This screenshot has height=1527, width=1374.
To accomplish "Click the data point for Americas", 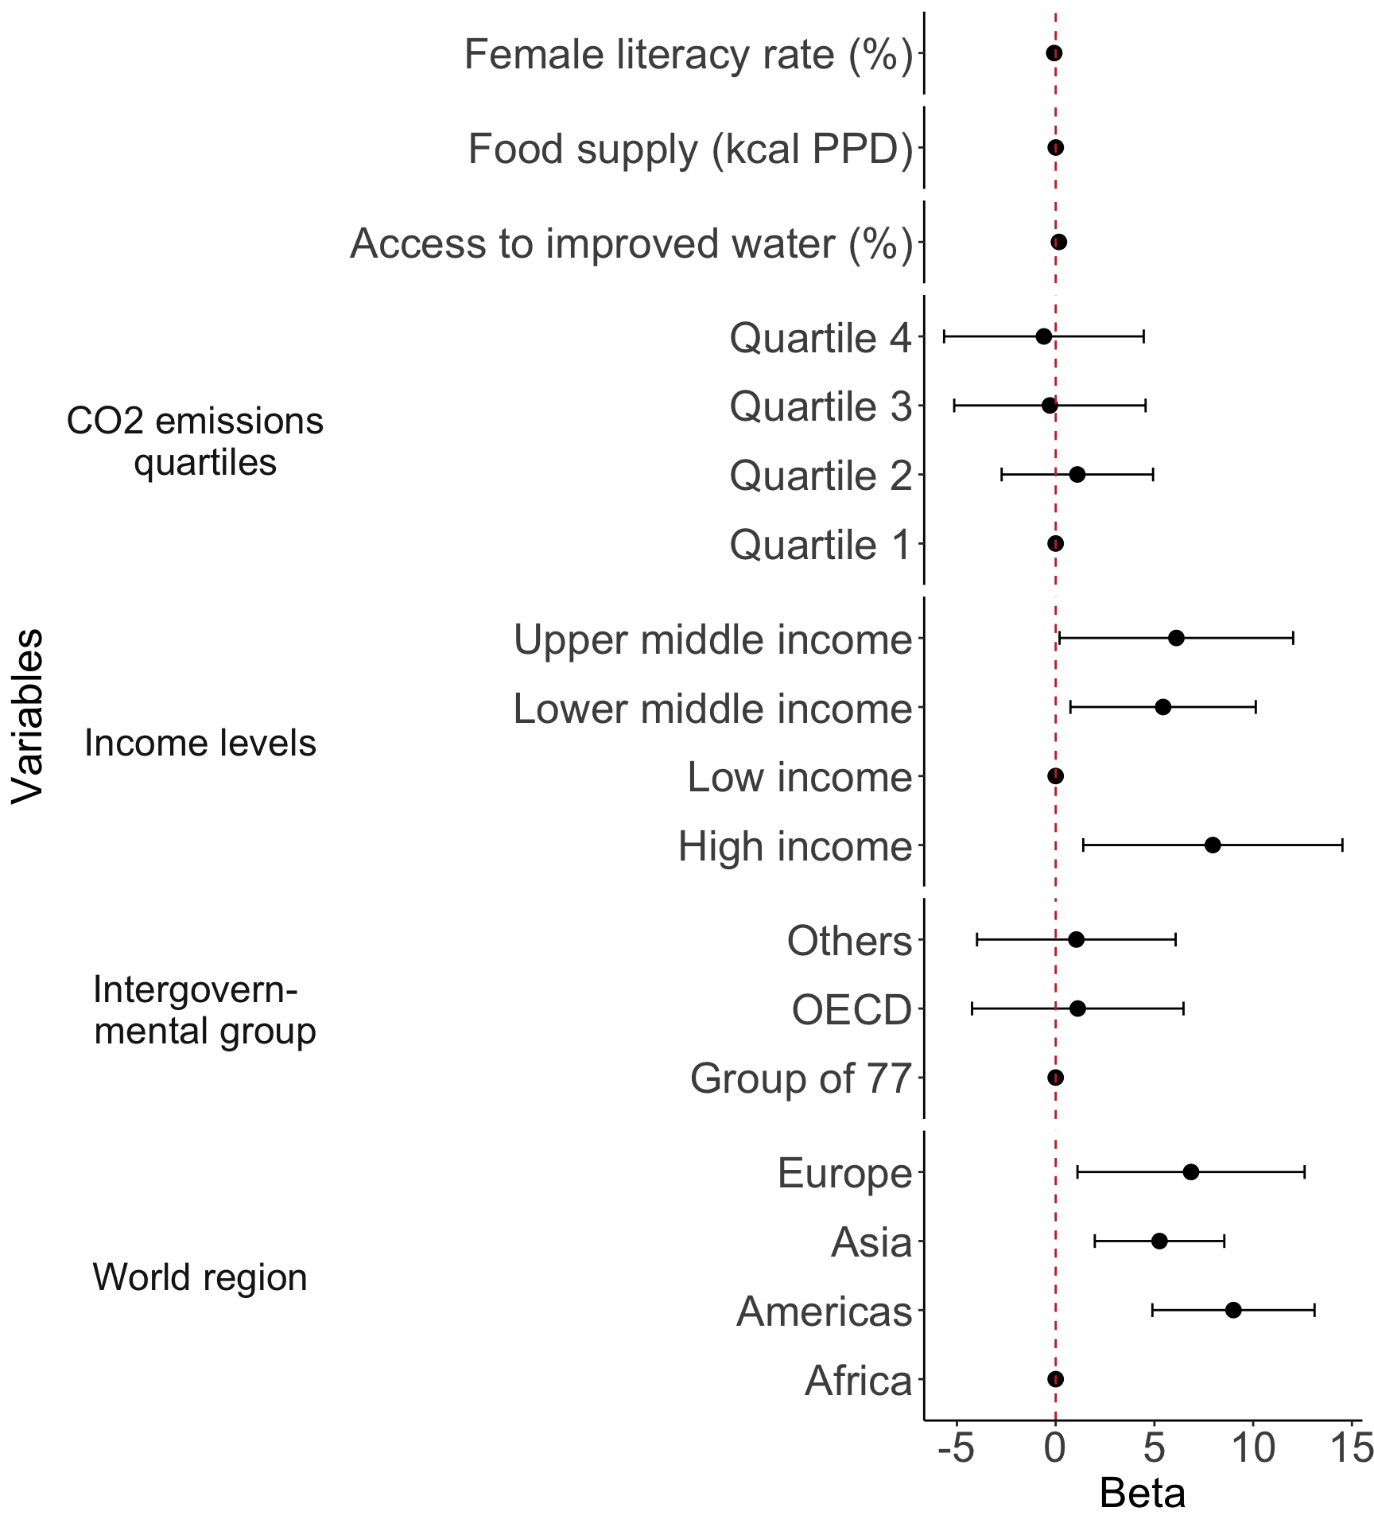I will click(1233, 1310).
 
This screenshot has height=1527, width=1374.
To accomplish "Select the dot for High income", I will click(1213, 845).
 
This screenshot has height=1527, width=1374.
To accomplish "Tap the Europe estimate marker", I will click(1190, 1171).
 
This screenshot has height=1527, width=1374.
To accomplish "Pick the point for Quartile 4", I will click(1044, 336).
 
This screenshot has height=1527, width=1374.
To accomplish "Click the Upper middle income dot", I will click(1176, 638).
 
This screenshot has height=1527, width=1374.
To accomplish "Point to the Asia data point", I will click(1159, 1241).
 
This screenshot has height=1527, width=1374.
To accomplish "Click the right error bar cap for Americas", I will click(1314, 1310).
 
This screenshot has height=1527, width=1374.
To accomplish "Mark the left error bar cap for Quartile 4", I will click(944, 336).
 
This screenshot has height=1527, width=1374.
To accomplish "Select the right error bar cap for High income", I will click(1342, 845).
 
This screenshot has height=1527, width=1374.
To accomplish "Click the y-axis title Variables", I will click(28, 716).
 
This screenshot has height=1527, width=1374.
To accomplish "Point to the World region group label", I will click(200, 1277).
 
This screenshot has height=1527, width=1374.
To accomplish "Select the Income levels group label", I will click(200, 743).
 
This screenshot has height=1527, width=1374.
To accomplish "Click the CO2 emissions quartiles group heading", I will click(196, 441).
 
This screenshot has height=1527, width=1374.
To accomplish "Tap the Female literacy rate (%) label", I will click(688, 55).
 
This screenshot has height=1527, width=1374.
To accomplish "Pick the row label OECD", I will click(851, 1010).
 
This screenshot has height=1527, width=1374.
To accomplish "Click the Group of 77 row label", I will click(800, 1079).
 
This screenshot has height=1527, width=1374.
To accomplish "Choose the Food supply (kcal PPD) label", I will click(690, 150).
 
